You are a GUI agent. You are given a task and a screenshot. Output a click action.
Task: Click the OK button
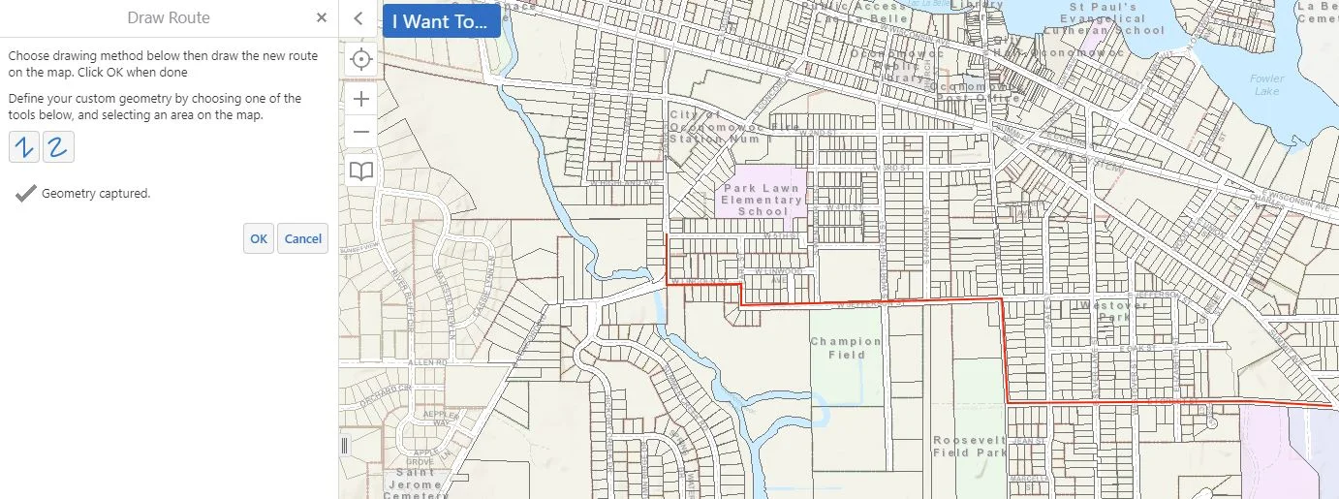coord(258,238)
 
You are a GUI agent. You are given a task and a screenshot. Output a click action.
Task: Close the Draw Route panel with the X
coord(322,18)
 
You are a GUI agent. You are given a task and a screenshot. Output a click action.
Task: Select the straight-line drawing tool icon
coord(23,147)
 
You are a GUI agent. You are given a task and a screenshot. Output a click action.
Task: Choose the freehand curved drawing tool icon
coord(58,147)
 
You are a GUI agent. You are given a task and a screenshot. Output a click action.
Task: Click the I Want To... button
coord(441,21)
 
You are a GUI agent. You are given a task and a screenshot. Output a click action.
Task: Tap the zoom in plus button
coord(361,99)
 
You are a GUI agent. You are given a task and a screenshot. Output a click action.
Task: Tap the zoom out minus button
coord(361,132)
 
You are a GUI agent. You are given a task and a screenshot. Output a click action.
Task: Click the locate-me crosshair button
coord(361,59)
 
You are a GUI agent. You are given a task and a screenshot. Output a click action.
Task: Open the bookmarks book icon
coord(361,172)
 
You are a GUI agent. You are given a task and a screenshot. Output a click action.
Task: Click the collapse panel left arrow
coord(358,18)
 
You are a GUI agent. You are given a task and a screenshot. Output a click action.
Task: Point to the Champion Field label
coord(846,348)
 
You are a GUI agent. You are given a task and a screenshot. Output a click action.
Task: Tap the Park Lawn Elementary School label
coord(763,200)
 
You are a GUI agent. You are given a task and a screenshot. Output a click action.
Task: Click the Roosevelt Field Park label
coord(970,446)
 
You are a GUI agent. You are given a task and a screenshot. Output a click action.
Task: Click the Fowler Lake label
coord(1266,85)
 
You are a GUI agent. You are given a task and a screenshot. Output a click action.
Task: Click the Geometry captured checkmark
coord(26,194)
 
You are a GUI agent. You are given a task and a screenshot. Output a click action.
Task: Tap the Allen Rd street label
coord(427,362)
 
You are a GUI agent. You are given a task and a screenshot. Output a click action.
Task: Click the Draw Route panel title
coord(169,18)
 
